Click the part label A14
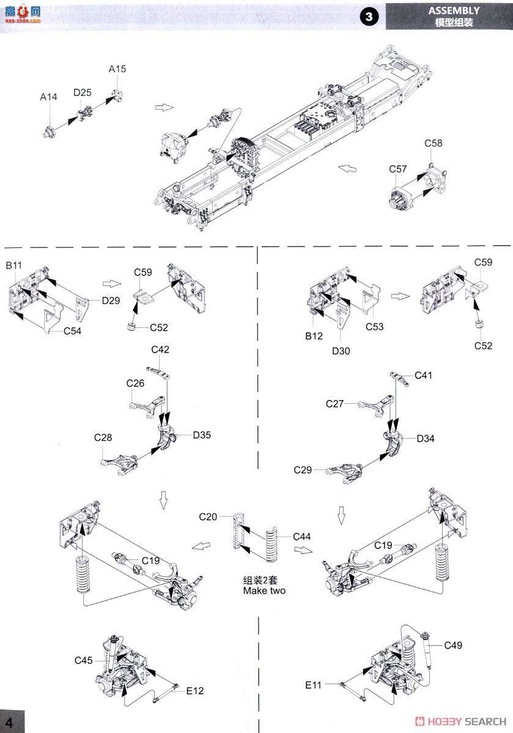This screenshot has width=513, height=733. tap(48, 97)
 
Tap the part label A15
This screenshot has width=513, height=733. tap(117, 69)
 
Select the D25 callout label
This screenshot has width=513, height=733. tap(82, 92)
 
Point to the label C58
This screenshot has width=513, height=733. tap(434, 144)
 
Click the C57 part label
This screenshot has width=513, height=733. tap(397, 169)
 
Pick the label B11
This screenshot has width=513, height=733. tap(14, 266)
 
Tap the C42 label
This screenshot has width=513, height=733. tap(160, 350)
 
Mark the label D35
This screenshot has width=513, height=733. tap(202, 436)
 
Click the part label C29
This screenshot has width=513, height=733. tap(303, 470)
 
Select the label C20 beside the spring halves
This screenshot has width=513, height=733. tap(208, 517)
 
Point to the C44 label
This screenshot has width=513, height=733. tap(302, 536)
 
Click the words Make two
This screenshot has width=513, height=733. tap(264, 591)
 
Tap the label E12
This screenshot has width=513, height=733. tap(195, 691)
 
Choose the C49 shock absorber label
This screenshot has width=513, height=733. tap(454, 645)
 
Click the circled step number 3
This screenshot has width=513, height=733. tap(369, 17)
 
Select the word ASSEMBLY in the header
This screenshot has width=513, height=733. tap(454, 10)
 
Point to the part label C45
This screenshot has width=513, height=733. tap(84, 660)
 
